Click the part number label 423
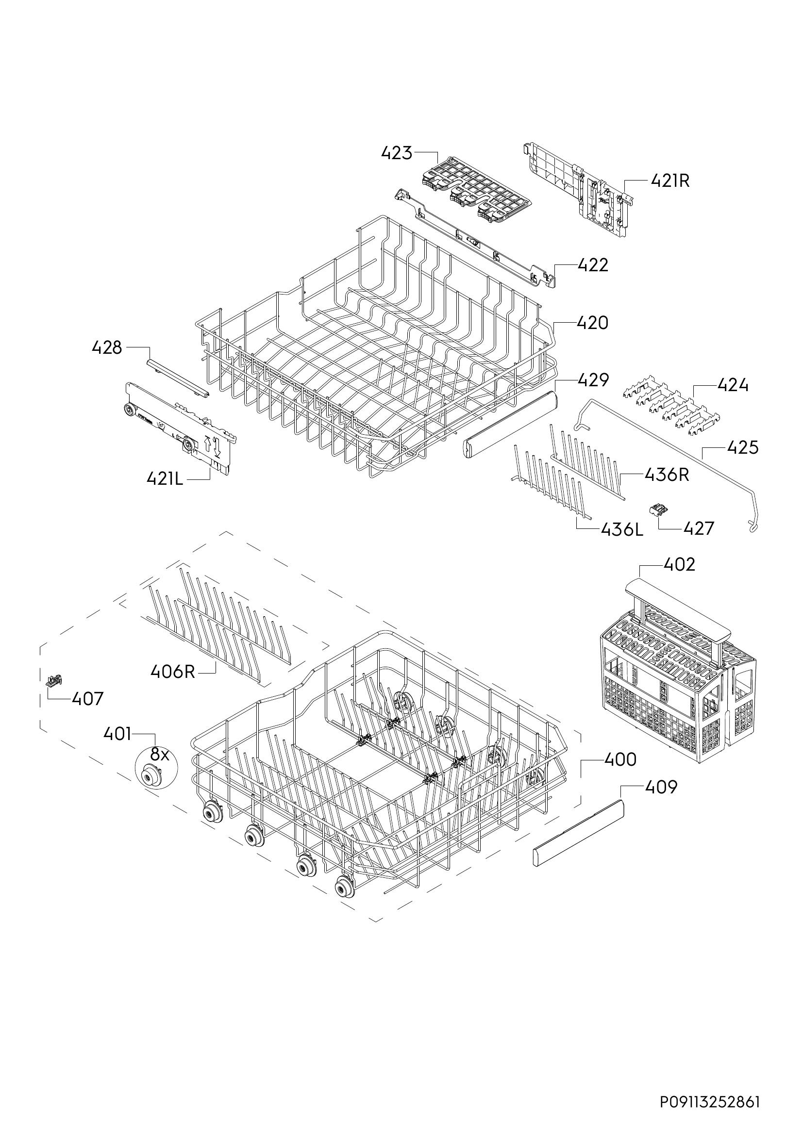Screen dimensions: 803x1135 [x=397, y=153]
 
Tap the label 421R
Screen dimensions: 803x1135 [x=670, y=181]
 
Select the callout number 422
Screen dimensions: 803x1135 [x=593, y=265]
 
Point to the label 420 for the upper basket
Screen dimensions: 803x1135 [x=593, y=323]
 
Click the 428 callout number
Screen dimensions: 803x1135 [x=107, y=348]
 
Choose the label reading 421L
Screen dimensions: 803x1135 [x=165, y=478]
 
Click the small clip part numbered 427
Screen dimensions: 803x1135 [x=658, y=510]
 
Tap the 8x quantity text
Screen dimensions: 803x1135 [x=160, y=755]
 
